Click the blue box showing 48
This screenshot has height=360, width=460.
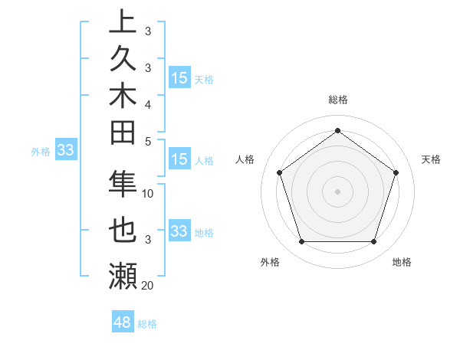point(123,322)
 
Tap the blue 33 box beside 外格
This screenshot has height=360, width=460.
point(65,151)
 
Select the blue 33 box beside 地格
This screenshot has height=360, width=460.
point(179,231)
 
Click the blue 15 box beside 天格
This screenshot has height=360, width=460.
point(179,78)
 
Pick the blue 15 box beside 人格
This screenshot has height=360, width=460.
point(179,160)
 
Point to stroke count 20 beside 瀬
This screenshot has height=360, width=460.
point(148,286)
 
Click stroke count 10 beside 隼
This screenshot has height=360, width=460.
point(148,194)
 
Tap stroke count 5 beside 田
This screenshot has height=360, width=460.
point(148,141)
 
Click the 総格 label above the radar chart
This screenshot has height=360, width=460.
point(338,100)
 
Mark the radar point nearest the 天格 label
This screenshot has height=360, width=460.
point(396,172)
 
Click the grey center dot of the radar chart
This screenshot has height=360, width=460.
point(337,191)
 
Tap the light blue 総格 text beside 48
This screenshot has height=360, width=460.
point(147,324)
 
